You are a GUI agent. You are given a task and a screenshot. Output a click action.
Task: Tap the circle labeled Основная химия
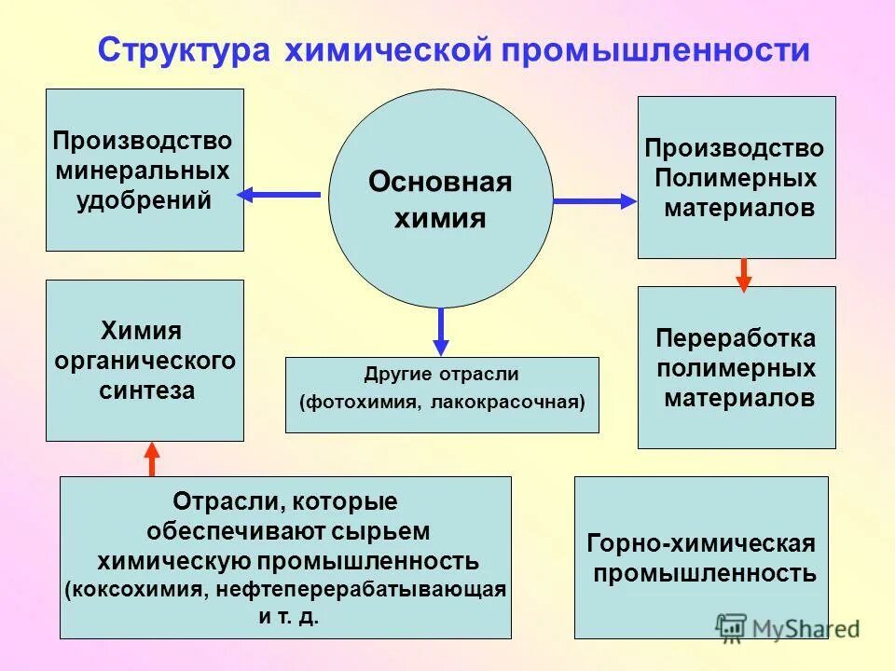[x=440, y=199]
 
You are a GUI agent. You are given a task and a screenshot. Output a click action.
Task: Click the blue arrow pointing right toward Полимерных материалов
[x=594, y=200]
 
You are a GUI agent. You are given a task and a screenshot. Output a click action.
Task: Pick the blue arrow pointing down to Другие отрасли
[x=441, y=332]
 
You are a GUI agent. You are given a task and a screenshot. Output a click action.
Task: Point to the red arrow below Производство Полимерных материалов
[x=743, y=274]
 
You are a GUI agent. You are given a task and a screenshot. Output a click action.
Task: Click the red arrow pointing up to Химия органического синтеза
[x=152, y=459]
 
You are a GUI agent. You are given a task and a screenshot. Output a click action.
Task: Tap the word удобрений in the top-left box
[x=145, y=200]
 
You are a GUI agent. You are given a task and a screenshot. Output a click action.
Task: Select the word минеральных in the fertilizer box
[x=144, y=171]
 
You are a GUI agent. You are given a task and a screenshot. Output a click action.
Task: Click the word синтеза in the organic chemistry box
[x=146, y=390]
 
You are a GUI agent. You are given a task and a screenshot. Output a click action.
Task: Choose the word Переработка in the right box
[x=736, y=337]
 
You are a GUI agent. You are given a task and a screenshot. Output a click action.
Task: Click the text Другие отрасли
[x=441, y=375]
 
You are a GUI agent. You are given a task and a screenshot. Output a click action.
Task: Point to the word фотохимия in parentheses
[x=363, y=404]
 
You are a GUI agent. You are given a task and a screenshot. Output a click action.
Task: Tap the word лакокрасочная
[x=507, y=404]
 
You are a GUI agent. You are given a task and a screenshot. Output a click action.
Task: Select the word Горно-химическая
[x=701, y=543]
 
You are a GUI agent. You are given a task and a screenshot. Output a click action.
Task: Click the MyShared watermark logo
[x=787, y=629]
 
